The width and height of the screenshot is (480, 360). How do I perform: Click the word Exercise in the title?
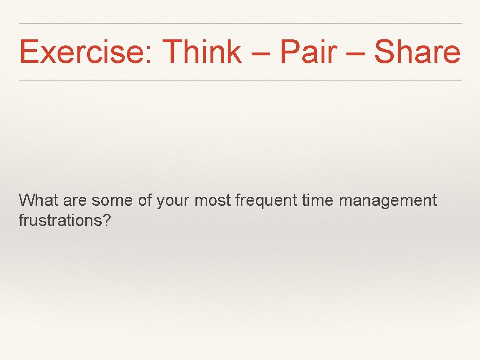pos(82,52)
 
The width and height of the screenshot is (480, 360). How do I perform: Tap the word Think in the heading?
pos(202,52)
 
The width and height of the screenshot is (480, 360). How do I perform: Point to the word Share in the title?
pos(417,52)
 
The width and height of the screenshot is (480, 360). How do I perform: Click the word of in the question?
pos(145,201)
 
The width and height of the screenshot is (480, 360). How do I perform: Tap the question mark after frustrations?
pos(107,220)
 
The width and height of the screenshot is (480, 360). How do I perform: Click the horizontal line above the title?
pos(240,23)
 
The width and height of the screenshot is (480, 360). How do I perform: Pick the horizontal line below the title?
pos(240,80)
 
